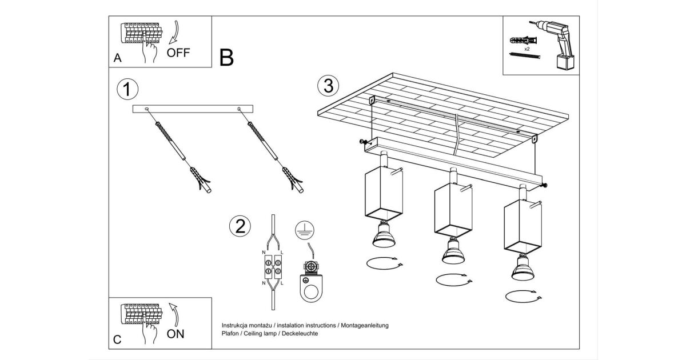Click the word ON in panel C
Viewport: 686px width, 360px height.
(x=176, y=334)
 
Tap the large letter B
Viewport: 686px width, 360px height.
(x=226, y=58)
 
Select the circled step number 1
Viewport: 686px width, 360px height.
(x=127, y=90)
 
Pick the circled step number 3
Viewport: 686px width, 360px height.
(x=328, y=86)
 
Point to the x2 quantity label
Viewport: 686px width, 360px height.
(x=527, y=50)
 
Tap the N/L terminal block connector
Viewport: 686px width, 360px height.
(x=272, y=266)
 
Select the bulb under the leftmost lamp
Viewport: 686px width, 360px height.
(x=383, y=234)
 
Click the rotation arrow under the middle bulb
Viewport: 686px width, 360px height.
(x=453, y=281)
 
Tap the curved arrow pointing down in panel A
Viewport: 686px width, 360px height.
(x=176, y=31)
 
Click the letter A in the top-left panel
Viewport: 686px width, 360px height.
(x=118, y=58)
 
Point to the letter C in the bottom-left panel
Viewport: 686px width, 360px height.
(x=117, y=339)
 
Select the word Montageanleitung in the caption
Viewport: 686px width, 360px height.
(x=365, y=325)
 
